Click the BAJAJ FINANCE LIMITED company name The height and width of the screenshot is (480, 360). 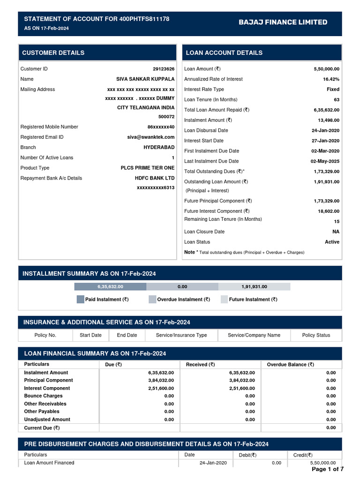pos(283,22)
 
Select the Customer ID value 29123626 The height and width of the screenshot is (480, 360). pos(164,69)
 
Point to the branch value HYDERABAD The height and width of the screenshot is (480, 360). pos(159,147)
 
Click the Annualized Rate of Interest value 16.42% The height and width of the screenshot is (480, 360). pos(331,79)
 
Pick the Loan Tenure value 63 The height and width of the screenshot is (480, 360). pos(336,99)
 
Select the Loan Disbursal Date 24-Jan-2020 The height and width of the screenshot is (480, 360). pos(325,130)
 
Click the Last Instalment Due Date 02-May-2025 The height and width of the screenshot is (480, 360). pos(325,161)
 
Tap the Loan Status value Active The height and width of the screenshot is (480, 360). pos(332,242)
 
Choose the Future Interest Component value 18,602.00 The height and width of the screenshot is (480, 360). pos(329,211)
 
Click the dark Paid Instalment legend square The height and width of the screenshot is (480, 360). pos(80,300)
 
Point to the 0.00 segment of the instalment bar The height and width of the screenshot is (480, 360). pos(182,286)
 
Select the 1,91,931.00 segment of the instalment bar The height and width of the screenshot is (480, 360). pos(254,286)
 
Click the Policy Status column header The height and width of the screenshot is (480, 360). pos(316,335)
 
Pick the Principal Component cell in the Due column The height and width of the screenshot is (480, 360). pos(161,381)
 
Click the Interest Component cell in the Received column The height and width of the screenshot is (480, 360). pos(242,388)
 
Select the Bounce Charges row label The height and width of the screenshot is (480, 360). pos(43,396)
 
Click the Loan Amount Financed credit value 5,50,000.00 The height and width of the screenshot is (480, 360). pos(323,463)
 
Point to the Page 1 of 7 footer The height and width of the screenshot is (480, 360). pos(328,469)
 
